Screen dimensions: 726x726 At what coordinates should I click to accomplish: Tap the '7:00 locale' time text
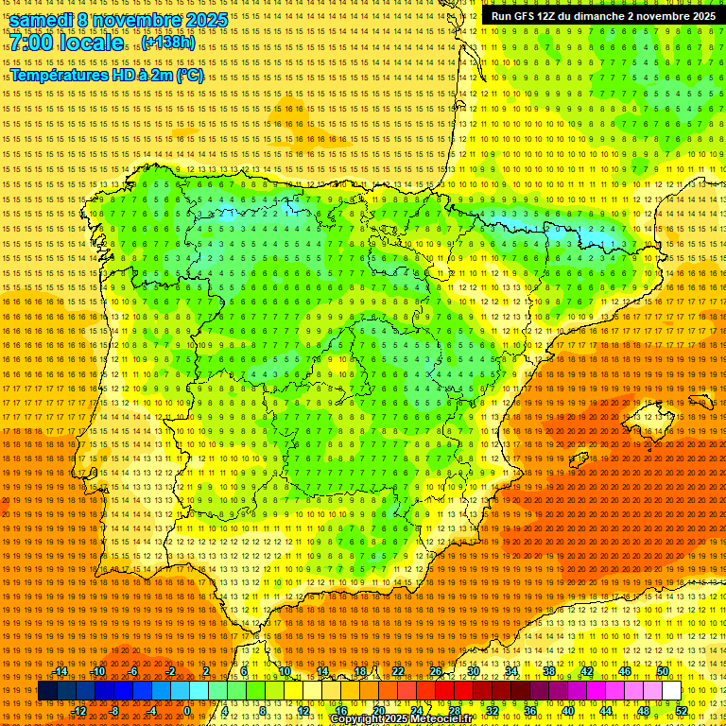[67, 43]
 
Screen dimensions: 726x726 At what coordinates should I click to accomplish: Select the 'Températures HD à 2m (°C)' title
[107, 75]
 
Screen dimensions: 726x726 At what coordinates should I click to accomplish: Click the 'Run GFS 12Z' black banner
[603, 16]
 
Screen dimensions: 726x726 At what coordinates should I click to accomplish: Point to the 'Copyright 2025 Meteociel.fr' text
[401, 719]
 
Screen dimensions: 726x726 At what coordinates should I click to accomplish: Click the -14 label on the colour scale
[60, 671]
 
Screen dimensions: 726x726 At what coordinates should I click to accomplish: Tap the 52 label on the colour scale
[682, 710]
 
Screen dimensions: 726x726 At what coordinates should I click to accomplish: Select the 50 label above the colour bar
[663, 671]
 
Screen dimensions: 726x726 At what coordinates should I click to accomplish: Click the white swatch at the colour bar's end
[671, 691]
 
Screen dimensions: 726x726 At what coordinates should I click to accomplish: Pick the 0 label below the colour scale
[187, 710]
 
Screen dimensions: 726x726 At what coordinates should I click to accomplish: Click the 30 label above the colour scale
[473, 671]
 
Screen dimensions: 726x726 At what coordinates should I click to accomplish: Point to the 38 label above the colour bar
[549, 671]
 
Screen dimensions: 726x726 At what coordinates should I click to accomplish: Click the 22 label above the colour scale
[397, 671]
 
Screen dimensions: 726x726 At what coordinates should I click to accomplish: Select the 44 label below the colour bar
[606, 710]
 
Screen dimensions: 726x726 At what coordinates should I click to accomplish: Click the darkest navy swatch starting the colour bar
[47, 691]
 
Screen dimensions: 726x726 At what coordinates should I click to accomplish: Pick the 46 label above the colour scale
[625, 671]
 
